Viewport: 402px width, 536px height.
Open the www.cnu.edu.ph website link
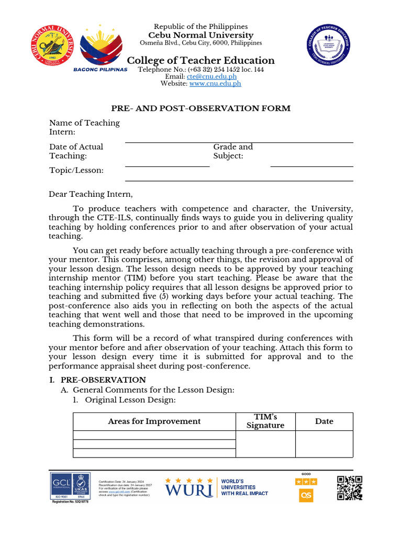pos(215,83)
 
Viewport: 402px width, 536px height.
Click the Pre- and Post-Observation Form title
pos(200,108)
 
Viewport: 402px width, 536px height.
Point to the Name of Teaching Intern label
pos(84,128)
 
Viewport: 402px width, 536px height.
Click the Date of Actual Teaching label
pos(76,151)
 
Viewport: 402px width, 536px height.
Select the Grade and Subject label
pos(233,151)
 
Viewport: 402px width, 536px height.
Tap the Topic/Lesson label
pos(76,171)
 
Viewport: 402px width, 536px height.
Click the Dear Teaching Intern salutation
pos(91,194)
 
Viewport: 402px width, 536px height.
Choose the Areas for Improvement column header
pos(154,421)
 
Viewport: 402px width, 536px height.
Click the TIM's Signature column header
pos(265,421)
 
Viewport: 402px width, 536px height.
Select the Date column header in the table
pos(324,421)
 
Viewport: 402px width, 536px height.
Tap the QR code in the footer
pos(350,488)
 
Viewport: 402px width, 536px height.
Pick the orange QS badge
pos(306,495)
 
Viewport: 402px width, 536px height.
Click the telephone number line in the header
pos(200,70)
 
